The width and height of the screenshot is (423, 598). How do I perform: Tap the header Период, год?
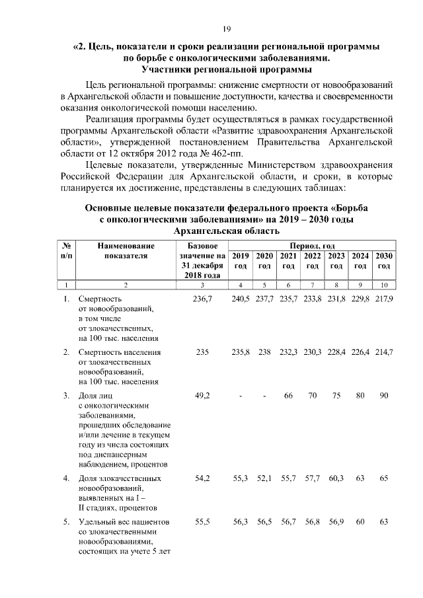[x=312, y=245]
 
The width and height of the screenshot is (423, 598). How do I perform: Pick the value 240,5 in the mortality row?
[x=241, y=299]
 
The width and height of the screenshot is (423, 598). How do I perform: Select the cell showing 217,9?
[x=383, y=299]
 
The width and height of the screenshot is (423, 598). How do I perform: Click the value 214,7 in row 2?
[x=383, y=352]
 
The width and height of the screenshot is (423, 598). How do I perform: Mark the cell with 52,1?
[x=264, y=476]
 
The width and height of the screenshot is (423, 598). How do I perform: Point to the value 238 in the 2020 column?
[x=264, y=352]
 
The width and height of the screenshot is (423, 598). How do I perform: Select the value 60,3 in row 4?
[x=336, y=476]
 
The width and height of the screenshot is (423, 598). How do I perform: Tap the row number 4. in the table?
[x=67, y=476]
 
